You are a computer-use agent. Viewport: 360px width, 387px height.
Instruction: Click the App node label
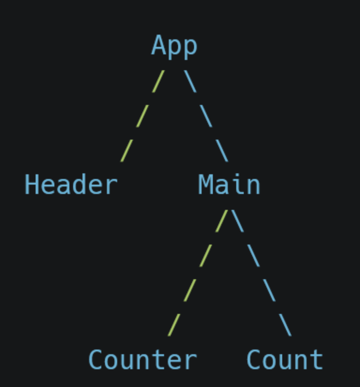(174, 46)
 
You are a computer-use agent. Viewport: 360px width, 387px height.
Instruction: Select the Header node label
(71, 185)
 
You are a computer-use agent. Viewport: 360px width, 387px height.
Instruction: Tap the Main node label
(229, 185)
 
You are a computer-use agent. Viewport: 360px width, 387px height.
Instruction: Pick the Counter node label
(142, 360)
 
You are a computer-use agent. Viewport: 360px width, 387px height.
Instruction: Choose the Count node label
(285, 360)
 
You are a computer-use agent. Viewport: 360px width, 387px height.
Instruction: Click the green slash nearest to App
(158, 81)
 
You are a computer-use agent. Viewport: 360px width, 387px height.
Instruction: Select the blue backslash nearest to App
(190, 81)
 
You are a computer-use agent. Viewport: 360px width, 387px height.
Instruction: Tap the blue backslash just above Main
(222, 150)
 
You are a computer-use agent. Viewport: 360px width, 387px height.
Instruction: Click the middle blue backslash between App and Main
(206, 116)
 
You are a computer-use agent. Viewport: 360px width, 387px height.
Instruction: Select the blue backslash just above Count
(285, 325)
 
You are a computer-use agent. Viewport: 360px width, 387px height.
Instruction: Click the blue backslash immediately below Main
(238, 221)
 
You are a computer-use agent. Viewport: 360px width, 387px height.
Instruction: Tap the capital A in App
(159, 46)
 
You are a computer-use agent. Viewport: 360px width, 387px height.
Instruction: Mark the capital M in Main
(205, 185)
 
